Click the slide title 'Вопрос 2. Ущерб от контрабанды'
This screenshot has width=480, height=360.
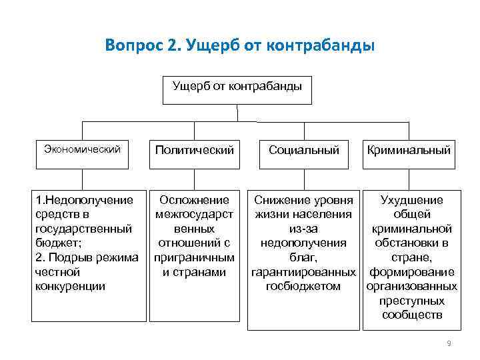(x=240, y=46)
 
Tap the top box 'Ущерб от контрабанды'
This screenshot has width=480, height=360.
(x=237, y=87)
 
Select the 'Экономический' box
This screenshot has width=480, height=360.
(x=82, y=149)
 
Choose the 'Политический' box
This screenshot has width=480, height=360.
(x=195, y=150)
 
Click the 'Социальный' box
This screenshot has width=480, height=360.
(x=304, y=150)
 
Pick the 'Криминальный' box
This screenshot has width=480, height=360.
(x=409, y=150)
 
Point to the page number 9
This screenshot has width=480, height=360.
(x=449, y=343)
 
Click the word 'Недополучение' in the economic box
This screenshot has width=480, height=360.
(x=88, y=200)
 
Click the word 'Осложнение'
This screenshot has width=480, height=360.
(x=195, y=200)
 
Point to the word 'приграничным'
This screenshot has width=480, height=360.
(x=194, y=257)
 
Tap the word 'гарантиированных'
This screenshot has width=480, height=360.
(x=303, y=272)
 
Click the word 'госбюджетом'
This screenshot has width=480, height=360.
(x=303, y=286)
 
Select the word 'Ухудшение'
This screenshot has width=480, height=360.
(x=411, y=200)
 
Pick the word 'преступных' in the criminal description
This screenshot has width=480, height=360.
(x=411, y=301)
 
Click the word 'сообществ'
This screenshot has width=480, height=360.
(x=412, y=315)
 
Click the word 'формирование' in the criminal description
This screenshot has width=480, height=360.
(x=411, y=272)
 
